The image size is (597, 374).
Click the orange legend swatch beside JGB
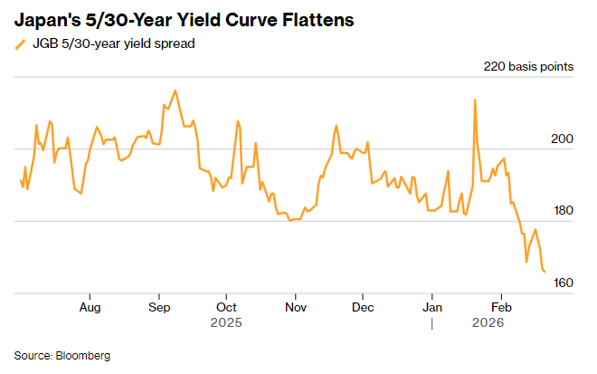click(20, 43)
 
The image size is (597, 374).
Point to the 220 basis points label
click(528, 67)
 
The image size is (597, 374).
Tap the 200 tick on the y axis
click(562, 139)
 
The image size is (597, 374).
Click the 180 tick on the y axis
click(562, 211)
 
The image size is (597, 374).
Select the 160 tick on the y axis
click(562, 283)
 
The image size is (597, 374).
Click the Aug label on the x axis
click(90, 307)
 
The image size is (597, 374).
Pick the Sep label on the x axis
click(159, 307)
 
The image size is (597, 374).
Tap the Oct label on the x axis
click(226, 307)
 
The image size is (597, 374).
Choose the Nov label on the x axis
click(295, 307)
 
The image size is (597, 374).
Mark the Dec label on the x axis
click(362, 307)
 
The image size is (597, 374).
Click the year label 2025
click(226, 322)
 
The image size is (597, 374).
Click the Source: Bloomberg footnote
click(62, 355)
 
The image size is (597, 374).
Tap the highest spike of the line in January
click(475, 100)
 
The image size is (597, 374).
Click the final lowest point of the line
click(545, 271)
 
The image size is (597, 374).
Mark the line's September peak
click(175, 91)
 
